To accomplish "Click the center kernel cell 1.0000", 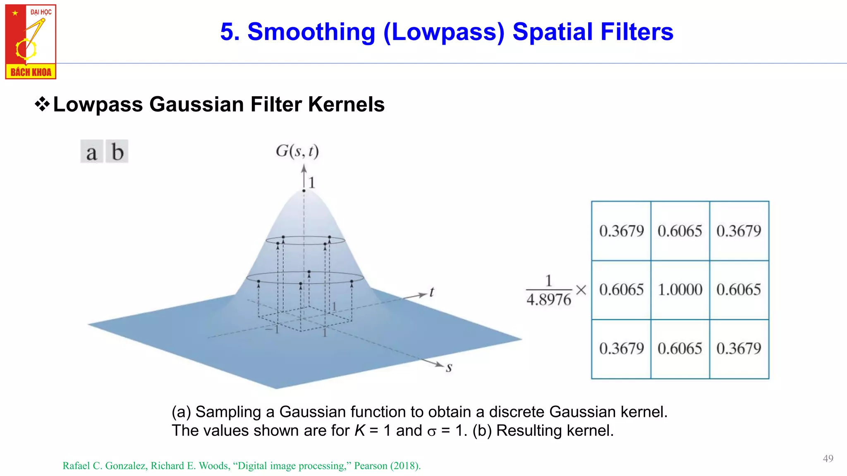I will (680, 290).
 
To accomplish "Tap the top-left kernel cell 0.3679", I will (621, 231).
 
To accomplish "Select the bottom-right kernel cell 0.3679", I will (739, 348).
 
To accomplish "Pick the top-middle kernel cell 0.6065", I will (680, 231).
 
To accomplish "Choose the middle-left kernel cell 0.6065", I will (621, 290).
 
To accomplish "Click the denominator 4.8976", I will (548, 300).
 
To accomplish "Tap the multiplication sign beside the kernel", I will (581, 290).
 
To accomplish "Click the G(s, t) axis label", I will (297, 151).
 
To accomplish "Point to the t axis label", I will (431, 292).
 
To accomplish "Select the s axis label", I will (449, 367).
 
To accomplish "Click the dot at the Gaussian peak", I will (304, 190).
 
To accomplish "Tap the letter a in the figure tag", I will (91, 152).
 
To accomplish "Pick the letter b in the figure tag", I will (117, 152).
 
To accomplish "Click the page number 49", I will (828, 458).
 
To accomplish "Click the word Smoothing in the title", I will (311, 32).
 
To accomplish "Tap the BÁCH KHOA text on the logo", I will (31, 72).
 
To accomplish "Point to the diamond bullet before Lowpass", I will (42, 104).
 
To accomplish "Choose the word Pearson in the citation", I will (371, 466).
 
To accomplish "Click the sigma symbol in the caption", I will (432, 432).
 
